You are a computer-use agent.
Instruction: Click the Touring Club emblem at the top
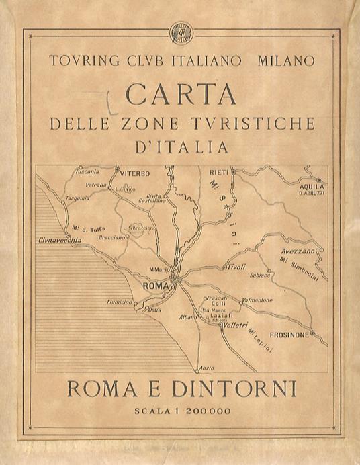(x=181, y=32)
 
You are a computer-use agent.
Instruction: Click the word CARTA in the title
(x=181, y=93)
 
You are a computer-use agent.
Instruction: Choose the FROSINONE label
(x=289, y=335)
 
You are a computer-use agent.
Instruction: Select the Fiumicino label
(x=119, y=302)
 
